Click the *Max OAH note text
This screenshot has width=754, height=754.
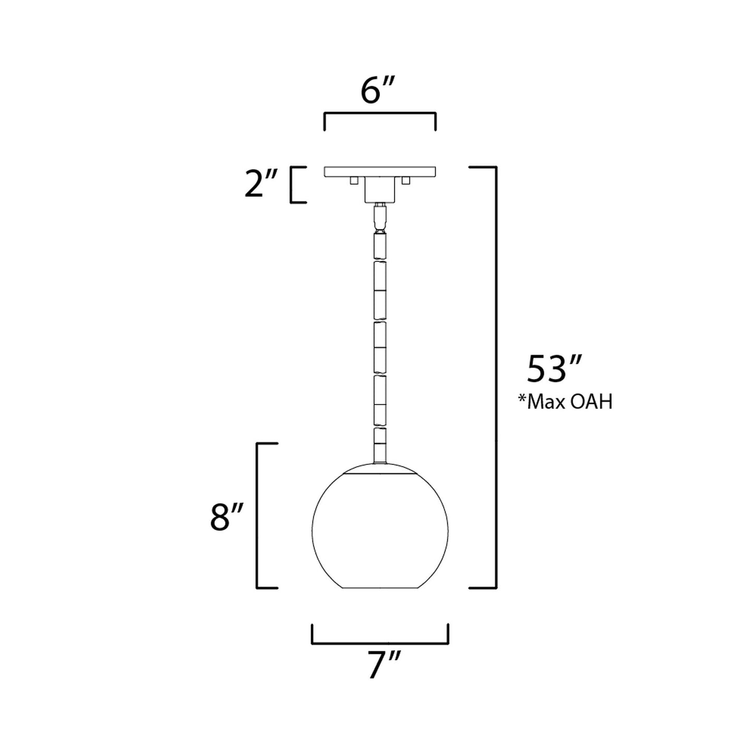coord(564,402)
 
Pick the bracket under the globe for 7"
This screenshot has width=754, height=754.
coord(380,642)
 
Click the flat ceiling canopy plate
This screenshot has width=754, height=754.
coord(380,172)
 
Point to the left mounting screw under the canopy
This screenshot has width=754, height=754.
coord(354,181)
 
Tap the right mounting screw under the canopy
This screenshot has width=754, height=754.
coord(406,181)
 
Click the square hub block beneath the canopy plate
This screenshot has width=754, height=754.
coord(380,190)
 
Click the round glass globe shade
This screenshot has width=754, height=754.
coord(380,532)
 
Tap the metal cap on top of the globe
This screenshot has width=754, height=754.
coord(380,468)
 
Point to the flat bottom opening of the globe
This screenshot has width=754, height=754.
coord(380,589)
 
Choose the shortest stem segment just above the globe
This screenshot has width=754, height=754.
coord(380,436)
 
